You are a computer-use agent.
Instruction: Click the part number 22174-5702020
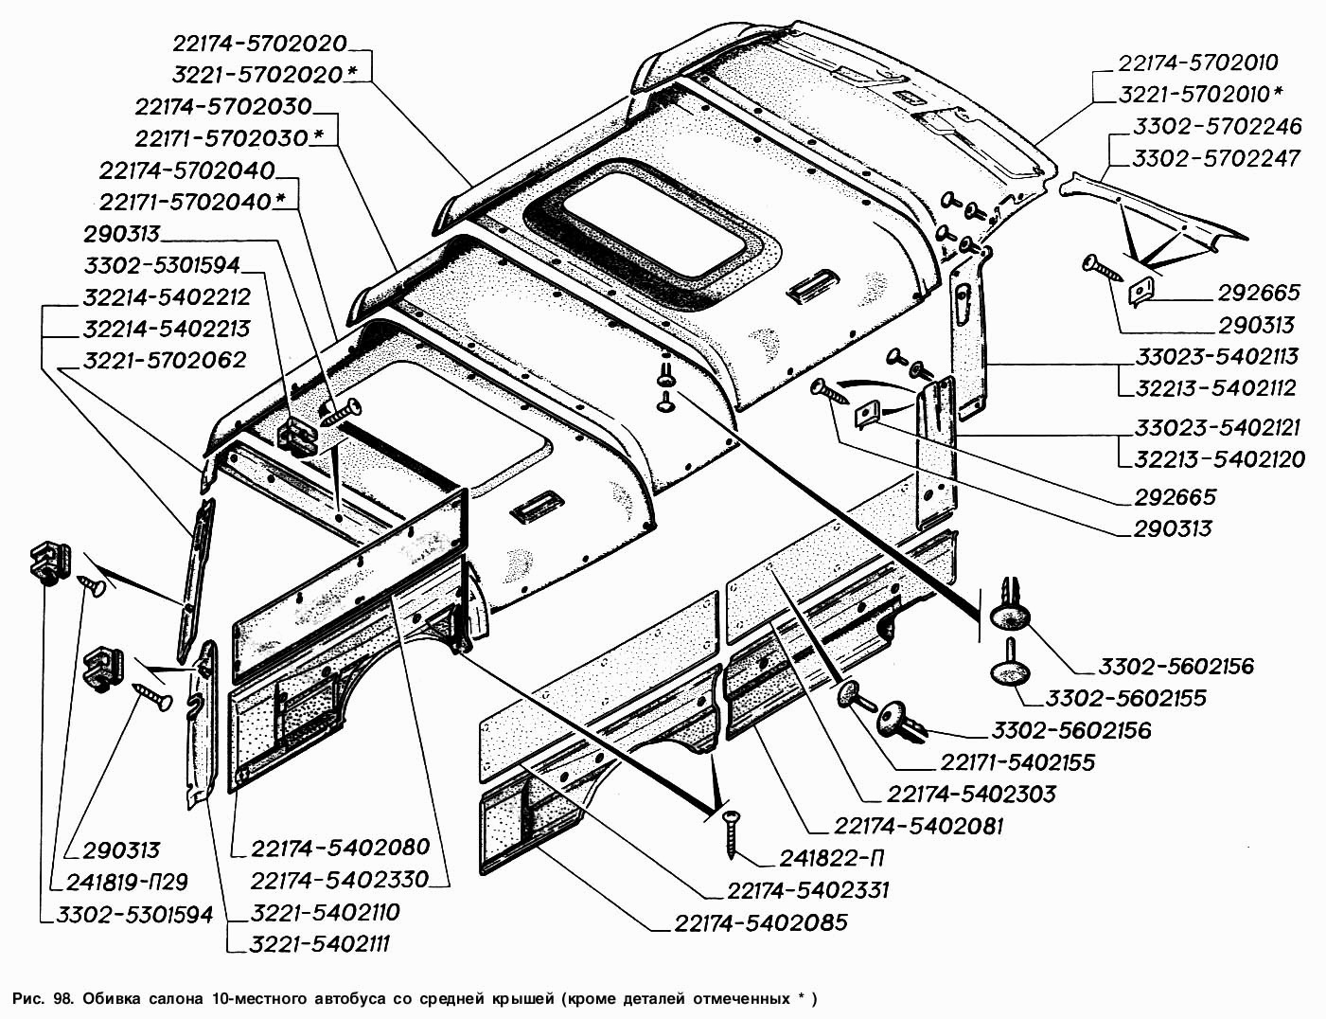[259, 44]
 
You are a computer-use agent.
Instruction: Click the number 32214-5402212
[167, 297]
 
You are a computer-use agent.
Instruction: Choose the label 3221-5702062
[165, 360]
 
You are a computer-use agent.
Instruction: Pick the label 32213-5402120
[1211, 459]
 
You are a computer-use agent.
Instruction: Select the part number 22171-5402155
[1017, 761]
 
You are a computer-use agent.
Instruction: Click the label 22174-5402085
[761, 921]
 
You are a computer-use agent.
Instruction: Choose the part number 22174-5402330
[340, 879]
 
